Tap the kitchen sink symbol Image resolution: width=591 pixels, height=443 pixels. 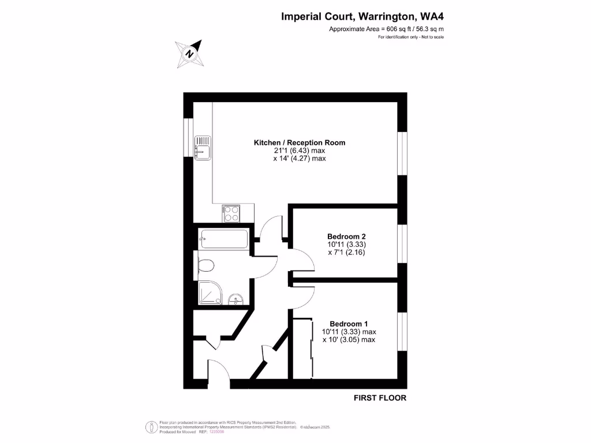[203, 148]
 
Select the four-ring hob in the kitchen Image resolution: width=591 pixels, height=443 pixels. [231, 214]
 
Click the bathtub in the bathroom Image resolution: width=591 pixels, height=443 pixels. [223, 238]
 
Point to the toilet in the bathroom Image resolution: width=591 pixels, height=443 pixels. [206, 265]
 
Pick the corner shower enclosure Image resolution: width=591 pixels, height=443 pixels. [208, 292]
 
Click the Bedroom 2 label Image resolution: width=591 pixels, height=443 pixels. [346, 236]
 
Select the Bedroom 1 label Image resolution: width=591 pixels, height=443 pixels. [349, 324]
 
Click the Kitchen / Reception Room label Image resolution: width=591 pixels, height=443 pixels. [300, 142]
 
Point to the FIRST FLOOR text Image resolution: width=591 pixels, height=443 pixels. [380, 398]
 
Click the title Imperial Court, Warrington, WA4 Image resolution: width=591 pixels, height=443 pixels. [362, 17]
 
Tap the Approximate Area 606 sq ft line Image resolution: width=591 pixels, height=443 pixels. [386, 29]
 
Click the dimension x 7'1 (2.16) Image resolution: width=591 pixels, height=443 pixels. [346, 253]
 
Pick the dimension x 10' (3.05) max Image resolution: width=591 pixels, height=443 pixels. [349, 340]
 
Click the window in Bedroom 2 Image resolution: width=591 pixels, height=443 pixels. [402, 243]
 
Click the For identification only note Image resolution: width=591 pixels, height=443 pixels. [410, 37]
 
